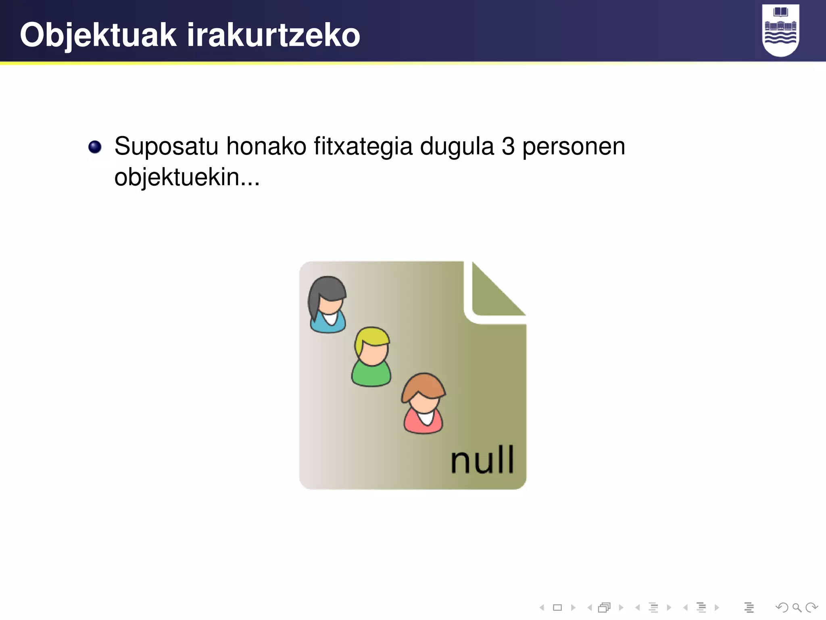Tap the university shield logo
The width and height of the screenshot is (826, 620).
[x=780, y=30]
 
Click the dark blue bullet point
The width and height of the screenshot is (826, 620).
[x=95, y=147]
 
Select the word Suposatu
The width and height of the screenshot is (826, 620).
[x=166, y=147]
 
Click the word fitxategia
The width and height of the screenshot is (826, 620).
[x=363, y=147]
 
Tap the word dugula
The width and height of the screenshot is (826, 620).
[x=457, y=147]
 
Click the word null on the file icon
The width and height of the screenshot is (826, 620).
[x=482, y=460]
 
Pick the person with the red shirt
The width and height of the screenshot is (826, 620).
[x=423, y=404]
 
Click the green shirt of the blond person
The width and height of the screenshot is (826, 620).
[x=371, y=375]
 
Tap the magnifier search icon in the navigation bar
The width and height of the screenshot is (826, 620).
[x=797, y=607]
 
